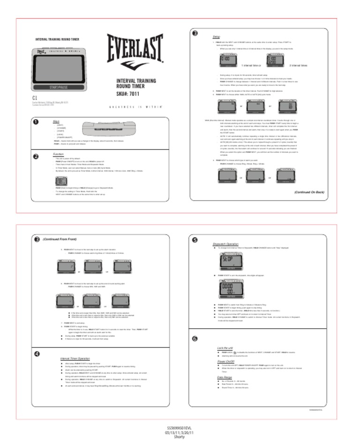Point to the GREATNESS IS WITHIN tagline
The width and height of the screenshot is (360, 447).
tap(136, 106)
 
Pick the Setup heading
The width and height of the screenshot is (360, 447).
tap(217, 36)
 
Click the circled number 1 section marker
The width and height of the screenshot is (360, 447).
tap(36, 122)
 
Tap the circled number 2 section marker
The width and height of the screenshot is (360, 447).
tap(36, 156)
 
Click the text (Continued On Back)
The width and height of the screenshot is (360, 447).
tap(309, 192)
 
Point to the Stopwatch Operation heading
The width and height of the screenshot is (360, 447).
tap(226, 244)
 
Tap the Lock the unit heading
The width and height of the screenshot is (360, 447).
tap(225, 348)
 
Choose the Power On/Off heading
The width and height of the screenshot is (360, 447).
tap(226, 362)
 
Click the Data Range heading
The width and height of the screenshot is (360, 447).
tap(225, 377)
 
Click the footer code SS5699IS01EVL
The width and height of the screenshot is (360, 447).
tap(179, 428)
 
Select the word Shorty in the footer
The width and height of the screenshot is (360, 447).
tap(179, 437)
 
